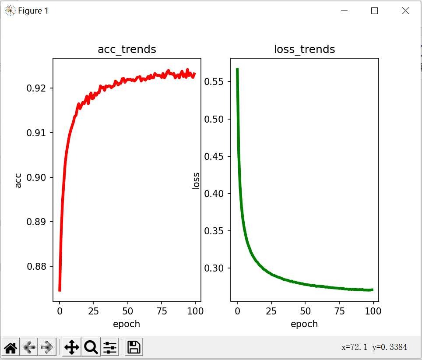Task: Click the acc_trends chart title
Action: click(x=127, y=49)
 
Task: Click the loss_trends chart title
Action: click(x=304, y=49)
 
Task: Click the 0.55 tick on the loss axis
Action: click(x=217, y=82)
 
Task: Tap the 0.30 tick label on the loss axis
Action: click(x=217, y=268)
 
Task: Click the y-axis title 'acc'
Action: click(x=18, y=180)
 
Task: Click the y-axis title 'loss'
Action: click(x=196, y=180)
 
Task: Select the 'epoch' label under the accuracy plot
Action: click(x=127, y=324)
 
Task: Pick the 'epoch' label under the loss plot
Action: click(x=304, y=324)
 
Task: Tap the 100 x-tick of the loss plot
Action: click(x=373, y=311)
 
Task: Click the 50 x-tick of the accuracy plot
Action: click(x=127, y=311)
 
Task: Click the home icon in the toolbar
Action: click(x=11, y=348)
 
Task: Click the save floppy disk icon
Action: click(x=134, y=348)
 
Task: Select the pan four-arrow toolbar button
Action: click(x=71, y=348)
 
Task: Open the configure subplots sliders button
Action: click(x=109, y=348)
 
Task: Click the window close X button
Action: click(x=405, y=11)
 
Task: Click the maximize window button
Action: click(x=374, y=11)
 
